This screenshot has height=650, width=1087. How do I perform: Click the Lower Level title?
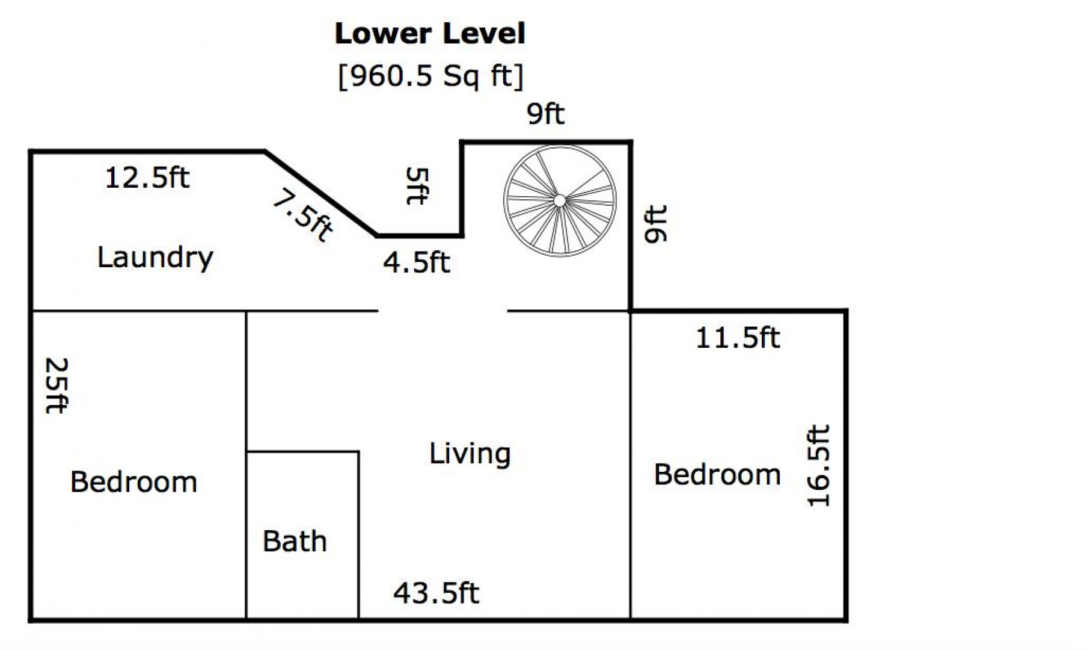(x=430, y=34)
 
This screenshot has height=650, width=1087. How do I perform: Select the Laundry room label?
(x=155, y=258)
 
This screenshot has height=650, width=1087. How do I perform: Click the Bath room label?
(x=295, y=541)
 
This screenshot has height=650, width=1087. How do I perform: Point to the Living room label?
(x=470, y=454)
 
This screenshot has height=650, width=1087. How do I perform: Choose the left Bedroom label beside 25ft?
(x=133, y=482)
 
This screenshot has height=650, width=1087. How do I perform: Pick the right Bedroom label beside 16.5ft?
(x=717, y=474)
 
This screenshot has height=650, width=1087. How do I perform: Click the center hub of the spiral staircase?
(x=559, y=200)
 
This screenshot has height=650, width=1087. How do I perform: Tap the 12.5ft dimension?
(x=147, y=178)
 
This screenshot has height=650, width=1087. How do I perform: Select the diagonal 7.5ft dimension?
(x=302, y=215)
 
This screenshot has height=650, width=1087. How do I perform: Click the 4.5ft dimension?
(x=417, y=262)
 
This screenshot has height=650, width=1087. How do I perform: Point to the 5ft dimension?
(x=417, y=186)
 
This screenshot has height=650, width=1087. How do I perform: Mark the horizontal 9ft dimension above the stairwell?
(x=546, y=114)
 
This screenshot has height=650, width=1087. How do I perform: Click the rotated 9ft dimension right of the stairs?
(x=655, y=224)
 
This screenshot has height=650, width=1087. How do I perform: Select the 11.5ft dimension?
(x=738, y=338)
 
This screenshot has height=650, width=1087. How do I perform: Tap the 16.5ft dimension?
(x=818, y=466)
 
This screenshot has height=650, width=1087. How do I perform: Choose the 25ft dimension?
(x=57, y=386)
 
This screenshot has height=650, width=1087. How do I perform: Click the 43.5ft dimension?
(x=436, y=593)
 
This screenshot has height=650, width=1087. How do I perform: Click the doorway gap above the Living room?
(x=443, y=311)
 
